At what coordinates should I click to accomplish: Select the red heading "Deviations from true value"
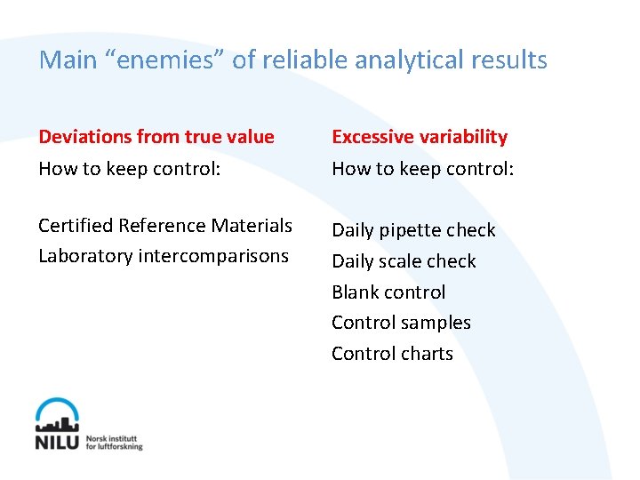click(x=156, y=137)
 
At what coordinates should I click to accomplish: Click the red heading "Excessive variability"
click(x=420, y=137)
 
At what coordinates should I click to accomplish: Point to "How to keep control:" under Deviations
click(x=130, y=168)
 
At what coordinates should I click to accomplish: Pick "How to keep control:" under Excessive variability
click(x=423, y=168)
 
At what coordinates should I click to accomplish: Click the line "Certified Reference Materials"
click(x=165, y=226)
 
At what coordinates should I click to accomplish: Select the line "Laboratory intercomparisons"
click(x=164, y=256)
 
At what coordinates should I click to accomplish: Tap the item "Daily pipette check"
click(x=413, y=230)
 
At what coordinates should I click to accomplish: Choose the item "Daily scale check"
click(x=404, y=261)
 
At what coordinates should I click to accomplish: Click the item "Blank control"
click(x=388, y=292)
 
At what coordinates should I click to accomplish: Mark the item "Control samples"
click(x=401, y=323)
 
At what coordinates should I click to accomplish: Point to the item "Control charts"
click(x=392, y=354)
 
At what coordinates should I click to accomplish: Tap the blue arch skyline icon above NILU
click(x=58, y=415)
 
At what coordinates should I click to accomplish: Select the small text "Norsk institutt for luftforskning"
click(x=114, y=442)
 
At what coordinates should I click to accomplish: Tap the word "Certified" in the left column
click(x=76, y=226)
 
